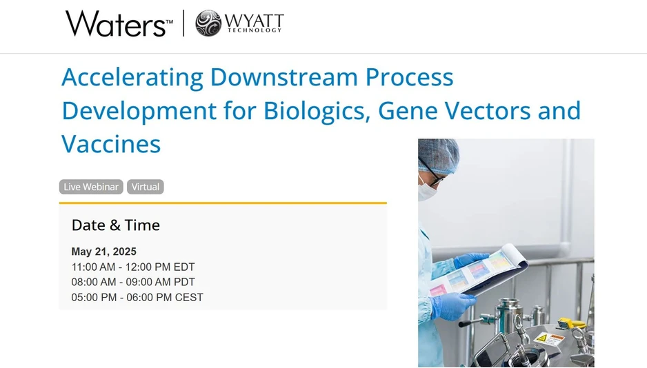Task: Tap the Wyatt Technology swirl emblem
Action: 208,23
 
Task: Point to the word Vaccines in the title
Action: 111,144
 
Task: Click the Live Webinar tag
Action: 91,187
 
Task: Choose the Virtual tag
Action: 146,187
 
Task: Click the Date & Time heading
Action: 115,225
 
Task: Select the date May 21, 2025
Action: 103,252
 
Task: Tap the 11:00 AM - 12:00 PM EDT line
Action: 133,267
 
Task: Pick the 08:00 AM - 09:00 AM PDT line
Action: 133,283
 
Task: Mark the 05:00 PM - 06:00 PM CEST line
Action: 137,298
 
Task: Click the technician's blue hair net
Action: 439,153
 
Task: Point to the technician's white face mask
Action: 426,188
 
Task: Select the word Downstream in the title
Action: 283,77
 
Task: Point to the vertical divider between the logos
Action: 183,23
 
